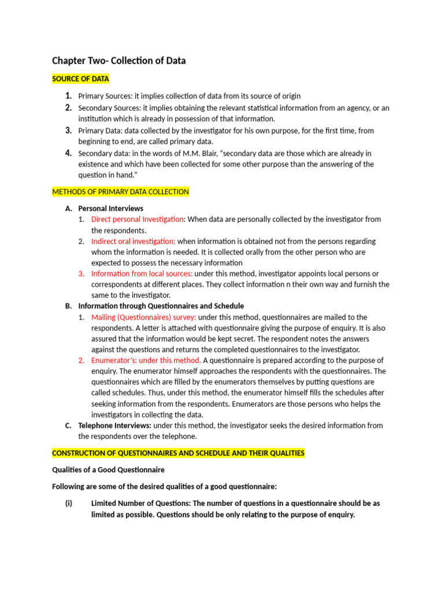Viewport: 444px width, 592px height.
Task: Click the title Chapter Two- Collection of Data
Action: pyautogui.click(x=119, y=61)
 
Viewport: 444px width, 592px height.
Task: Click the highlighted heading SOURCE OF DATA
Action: pyautogui.click(x=80, y=79)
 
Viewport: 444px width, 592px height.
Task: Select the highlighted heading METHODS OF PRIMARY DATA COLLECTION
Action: pyautogui.click(x=120, y=191)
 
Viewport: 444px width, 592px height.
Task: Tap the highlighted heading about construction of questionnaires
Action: pyautogui.click(x=178, y=453)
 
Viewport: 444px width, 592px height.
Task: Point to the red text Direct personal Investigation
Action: pyautogui.click(x=138, y=219)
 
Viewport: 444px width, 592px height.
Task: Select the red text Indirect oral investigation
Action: pyautogui.click(x=133, y=241)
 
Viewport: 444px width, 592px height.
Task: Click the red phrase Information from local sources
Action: pyautogui.click(x=142, y=273)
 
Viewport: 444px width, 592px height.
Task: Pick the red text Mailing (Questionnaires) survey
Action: pyautogui.click(x=143, y=317)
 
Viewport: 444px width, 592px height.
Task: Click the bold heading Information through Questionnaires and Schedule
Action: pyautogui.click(x=161, y=306)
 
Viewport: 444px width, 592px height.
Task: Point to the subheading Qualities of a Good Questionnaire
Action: pyautogui.click(x=108, y=469)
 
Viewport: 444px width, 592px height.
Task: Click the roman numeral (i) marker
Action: pyautogui.click(x=69, y=504)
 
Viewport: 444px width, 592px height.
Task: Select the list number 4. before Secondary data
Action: pyautogui.click(x=68, y=153)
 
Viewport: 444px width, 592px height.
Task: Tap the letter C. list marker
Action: pyautogui.click(x=68, y=425)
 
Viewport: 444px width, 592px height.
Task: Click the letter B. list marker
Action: pyautogui.click(x=68, y=306)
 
